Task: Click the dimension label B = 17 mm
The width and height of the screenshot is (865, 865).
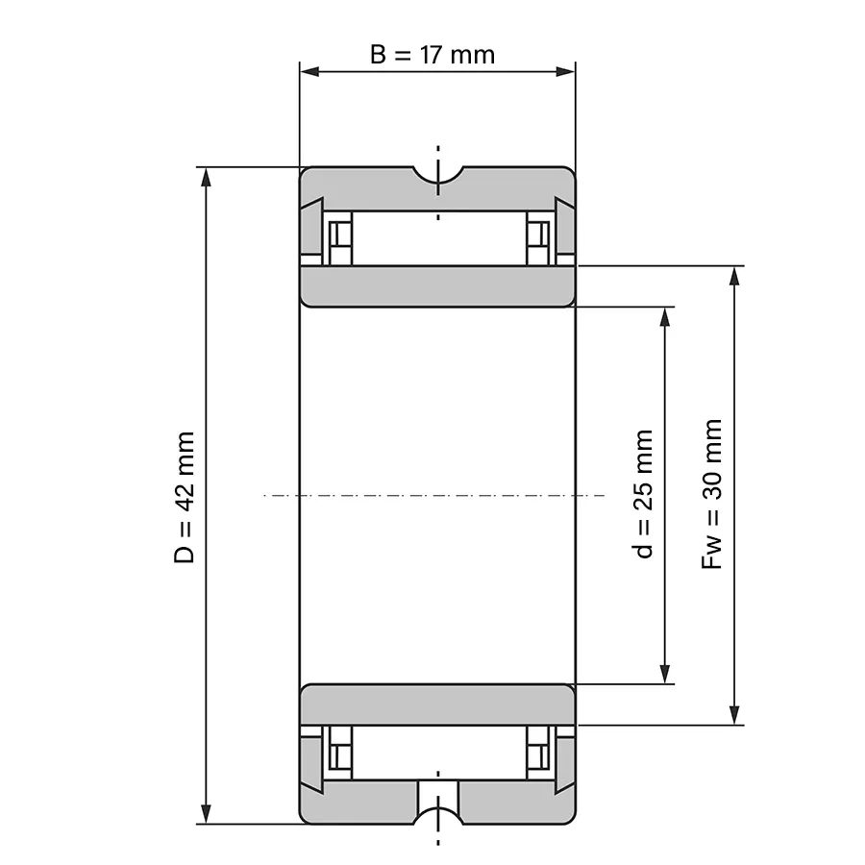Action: pyautogui.click(x=432, y=55)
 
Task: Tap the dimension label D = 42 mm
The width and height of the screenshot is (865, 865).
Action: pyautogui.click(x=185, y=498)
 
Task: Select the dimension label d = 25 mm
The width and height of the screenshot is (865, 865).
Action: pyautogui.click(x=643, y=494)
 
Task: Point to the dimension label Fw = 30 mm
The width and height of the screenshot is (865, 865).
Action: pyautogui.click(x=711, y=494)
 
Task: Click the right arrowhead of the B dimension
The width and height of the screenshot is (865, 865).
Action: pyautogui.click(x=565, y=71)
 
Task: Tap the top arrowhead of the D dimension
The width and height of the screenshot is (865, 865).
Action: pyautogui.click(x=207, y=178)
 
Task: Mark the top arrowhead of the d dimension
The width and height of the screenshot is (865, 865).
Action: pyautogui.click(x=665, y=317)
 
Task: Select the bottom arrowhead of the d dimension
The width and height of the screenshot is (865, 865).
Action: pyautogui.click(x=665, y=674)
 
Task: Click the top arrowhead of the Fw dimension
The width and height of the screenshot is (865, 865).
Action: pyautogui.click(x=734, y=277)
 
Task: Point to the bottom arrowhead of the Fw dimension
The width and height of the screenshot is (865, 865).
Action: pyautogui.click(x=734, y=714)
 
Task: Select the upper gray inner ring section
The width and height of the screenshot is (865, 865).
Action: pyautogui.click(x=437, y=286)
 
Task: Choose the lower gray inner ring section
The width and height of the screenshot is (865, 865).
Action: pyautogui.click(x=437, y=704)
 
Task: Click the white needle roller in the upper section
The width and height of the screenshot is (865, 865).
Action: pyautogui.click(x=438, y=238)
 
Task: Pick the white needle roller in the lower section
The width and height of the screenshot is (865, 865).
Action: pyautogui.click(x=438, y=753)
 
